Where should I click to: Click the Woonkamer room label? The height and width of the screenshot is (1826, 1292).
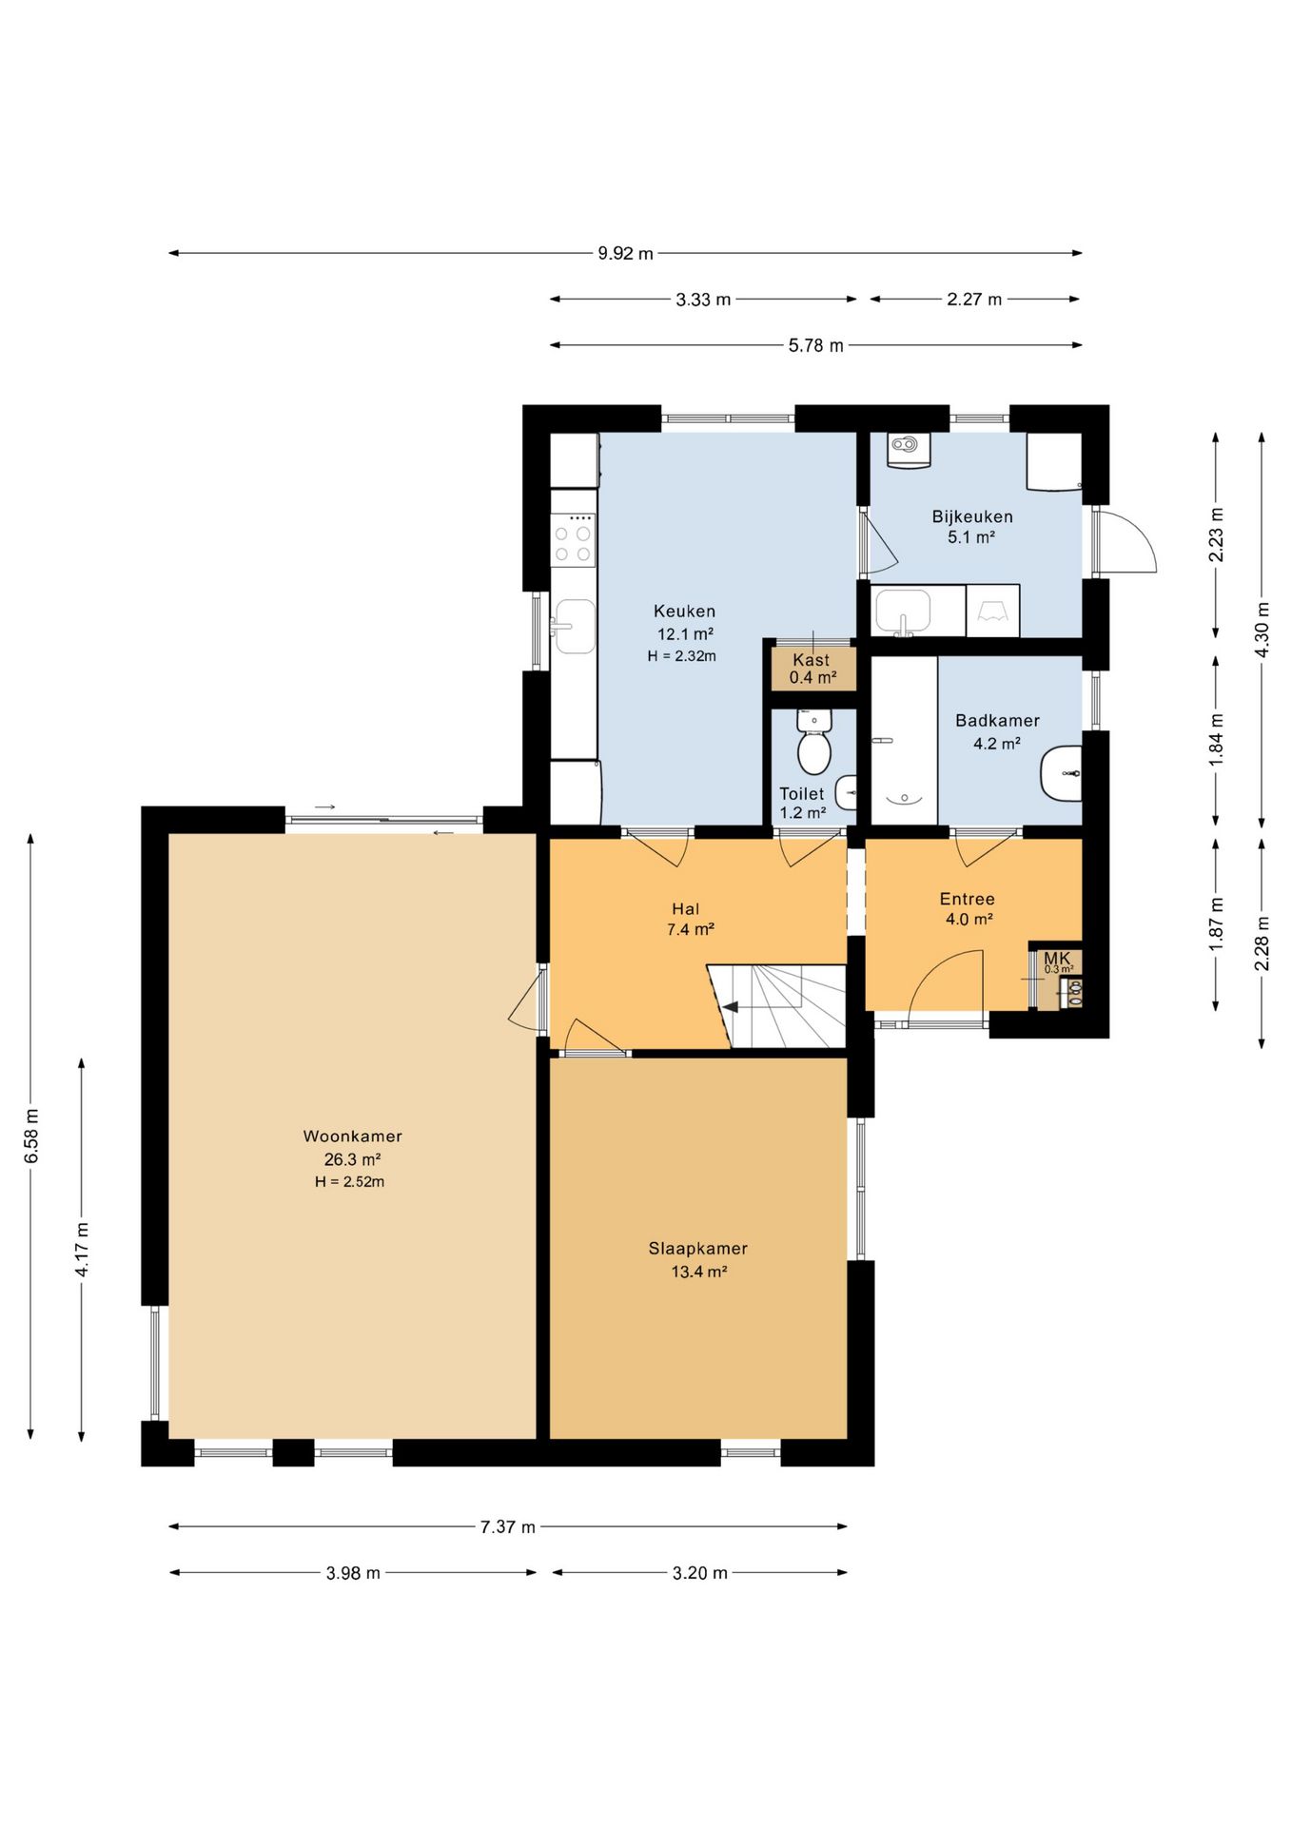[x=352, y=1136]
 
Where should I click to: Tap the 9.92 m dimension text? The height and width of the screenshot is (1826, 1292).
[x=625, y=253]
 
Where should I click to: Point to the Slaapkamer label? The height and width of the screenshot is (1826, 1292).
[x=698, y=1249]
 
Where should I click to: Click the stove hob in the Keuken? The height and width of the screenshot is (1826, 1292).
[x=574, y=540]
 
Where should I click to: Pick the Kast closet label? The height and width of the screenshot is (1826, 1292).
[x=812, y=659]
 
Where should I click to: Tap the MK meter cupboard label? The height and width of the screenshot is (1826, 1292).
[x=1057, y=958]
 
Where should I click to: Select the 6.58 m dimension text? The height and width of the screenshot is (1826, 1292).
[x=31, y=1136]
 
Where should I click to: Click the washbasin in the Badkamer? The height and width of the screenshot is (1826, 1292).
[x=1061, y=774]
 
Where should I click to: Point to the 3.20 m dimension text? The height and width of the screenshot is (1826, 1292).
[x=700, y=1573]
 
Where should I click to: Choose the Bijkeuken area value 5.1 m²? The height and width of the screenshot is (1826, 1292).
[x=970, y=537]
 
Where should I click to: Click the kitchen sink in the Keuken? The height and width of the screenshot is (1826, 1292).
[x=575, y=626]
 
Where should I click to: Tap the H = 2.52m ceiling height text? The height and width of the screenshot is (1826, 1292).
[x=350, y=1182]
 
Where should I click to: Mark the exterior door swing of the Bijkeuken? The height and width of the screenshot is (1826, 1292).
[x=1126, y=543]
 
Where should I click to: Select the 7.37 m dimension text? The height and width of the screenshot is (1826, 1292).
[x=508, y=1526]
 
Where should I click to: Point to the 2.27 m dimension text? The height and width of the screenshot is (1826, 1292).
[x=974, y=300]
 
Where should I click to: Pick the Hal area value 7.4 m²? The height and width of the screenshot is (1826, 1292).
[x=691, y=930]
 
